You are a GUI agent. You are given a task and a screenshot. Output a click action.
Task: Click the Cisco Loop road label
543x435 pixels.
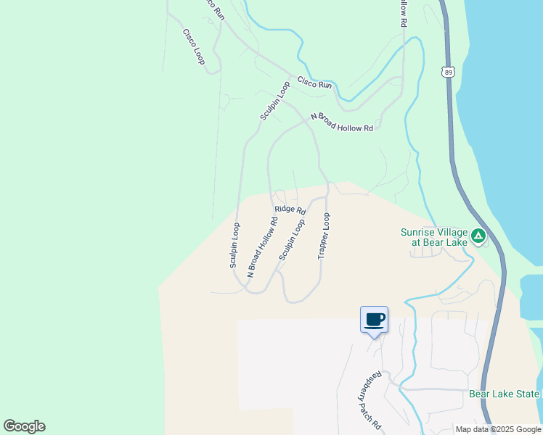pyautogui.click(x=194, y=46)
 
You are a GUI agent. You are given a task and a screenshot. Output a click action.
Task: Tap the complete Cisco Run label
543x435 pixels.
pyautogui.click(x=314, y=84)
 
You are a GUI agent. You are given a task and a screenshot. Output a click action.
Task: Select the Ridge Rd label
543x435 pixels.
pyautogui.click(x=290, y=210)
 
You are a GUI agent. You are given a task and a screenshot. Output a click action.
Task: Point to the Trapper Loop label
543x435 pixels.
pyautogui.click(x=324, y=236)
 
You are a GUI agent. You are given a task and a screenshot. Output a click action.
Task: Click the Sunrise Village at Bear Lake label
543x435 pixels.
pyautogui.click(x=434, y=237)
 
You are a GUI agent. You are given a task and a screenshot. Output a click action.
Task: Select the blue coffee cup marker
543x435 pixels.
pyautogui.click(x=374, y=320)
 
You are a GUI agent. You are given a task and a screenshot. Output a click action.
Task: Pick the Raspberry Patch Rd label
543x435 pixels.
pyautogui.click(x=371, y=401)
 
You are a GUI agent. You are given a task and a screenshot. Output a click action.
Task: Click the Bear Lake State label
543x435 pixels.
pyautogui.click(x=504, y=394)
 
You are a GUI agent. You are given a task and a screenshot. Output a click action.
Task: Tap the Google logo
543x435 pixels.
pyautogui.click(x=24, y=426)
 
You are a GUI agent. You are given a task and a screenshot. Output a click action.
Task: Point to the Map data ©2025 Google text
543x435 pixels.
pyautogui.click(x=498, y=429)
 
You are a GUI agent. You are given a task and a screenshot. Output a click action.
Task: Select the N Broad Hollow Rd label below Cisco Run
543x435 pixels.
pyautogui.click(x=341, y=122)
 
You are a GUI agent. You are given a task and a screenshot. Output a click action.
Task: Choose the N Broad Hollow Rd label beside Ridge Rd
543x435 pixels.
pyautogui.click(x=263, y=247)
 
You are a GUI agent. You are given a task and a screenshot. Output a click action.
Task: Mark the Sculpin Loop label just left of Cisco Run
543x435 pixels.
pyautogui.click(x=275, y=101)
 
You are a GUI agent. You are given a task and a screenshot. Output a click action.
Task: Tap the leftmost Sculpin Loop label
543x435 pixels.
pyautogui.click(x=234, y=245)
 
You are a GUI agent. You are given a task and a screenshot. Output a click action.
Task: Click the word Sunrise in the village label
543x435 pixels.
pyautogui.click(x=417, y=233)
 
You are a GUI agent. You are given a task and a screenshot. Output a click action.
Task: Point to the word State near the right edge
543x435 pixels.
pyautogui.click(x=527, y=394)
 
